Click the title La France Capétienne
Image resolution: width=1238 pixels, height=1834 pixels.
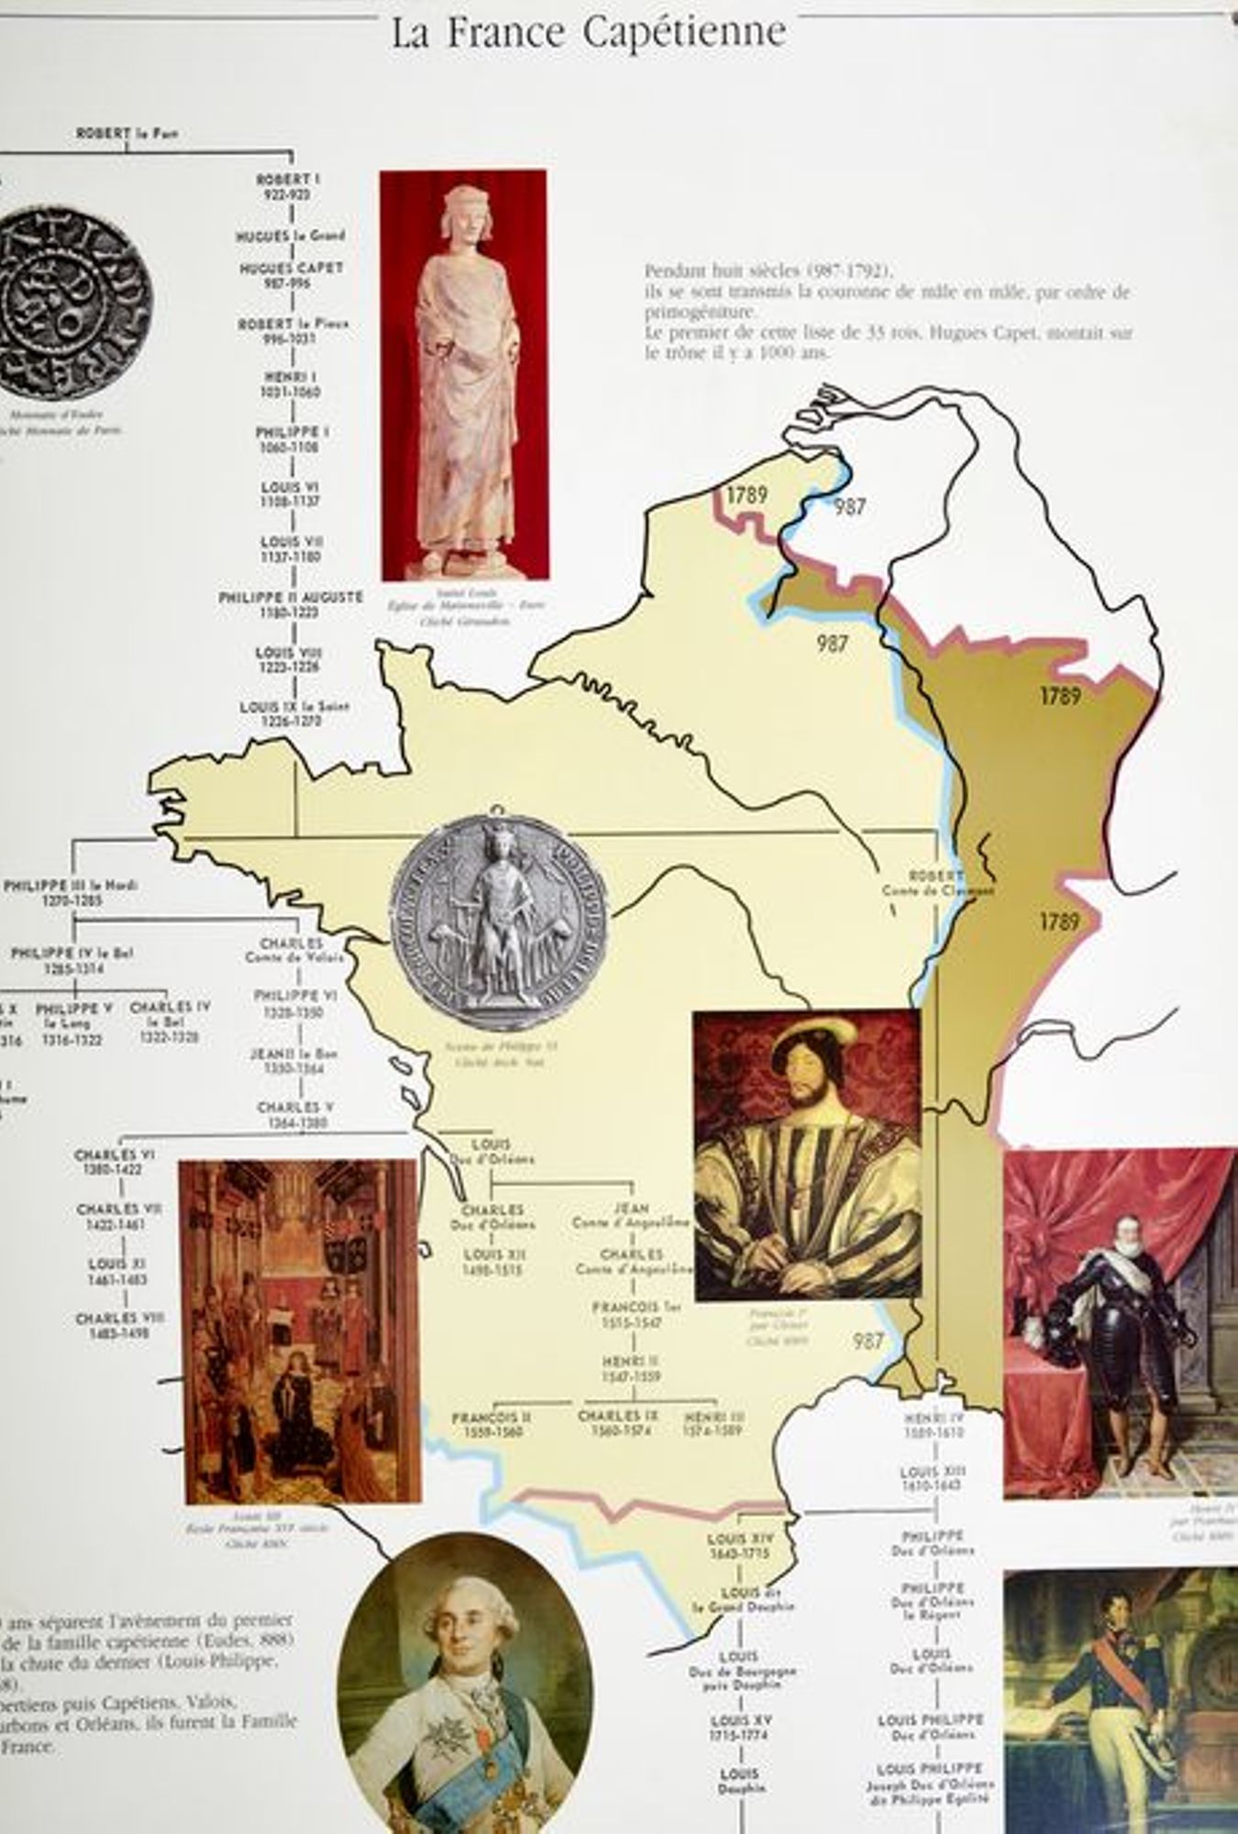pos(589,34)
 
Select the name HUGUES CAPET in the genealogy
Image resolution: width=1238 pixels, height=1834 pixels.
pos(291,269)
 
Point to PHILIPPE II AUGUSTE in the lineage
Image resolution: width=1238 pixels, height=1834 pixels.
pos(291,598)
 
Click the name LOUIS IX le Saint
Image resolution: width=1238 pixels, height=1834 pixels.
pos(294,708)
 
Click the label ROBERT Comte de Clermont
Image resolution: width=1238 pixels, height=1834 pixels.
pos(937,882)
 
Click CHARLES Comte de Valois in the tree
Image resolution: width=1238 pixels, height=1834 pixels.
pos(292,950)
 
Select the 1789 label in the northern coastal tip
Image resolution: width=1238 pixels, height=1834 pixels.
pos(746,496)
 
